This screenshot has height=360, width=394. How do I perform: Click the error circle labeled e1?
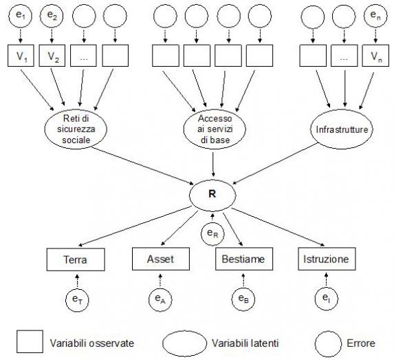coord(21,16)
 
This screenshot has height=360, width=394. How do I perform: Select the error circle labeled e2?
coord(52,16)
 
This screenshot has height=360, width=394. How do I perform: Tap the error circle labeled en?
coord(375,16)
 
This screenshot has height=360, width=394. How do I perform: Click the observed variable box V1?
coord(21,56)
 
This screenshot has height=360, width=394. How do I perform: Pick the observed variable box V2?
coord(52,56)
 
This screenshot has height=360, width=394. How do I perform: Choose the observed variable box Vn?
coord(375,56)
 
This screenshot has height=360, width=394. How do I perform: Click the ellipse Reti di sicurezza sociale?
coord(76,129)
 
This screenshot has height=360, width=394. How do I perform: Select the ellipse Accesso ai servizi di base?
coord(215,129)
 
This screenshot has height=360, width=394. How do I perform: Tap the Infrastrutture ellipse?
coord(342,129)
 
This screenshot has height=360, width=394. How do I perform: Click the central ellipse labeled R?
coord(212,195)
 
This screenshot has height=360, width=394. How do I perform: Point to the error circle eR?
coord(212,233)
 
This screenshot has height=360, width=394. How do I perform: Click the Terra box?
coord(76,260)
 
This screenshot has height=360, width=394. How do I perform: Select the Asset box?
coord(161,259)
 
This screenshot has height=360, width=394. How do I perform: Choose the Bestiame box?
coord(244,259)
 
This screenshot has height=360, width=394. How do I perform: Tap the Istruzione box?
coord(327,259)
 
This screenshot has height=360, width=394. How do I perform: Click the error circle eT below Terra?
coord(77,299)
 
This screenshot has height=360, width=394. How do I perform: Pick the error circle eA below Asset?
coord(160,299)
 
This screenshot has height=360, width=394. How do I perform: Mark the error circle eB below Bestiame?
coord(243,299)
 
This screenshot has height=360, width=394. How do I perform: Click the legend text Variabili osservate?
coord(92,343)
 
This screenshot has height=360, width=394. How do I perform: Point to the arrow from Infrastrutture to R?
coord(275,164)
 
